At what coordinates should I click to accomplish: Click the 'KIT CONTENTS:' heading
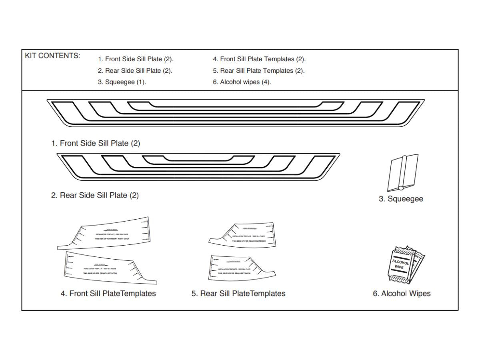[52, 56]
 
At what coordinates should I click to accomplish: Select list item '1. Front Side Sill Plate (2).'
[136, 59]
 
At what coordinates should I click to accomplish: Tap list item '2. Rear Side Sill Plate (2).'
[135, 71]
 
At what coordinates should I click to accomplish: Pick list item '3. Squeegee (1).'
[122, 82]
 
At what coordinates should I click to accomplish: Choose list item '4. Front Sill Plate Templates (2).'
[259, 59]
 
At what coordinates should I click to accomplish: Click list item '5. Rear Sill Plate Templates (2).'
[258, 71]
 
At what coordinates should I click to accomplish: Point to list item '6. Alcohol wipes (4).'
[242, 82]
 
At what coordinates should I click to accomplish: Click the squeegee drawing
[402, 173]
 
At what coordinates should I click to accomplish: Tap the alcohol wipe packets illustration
[405, 265]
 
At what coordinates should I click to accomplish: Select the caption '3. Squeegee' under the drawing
[401, 199]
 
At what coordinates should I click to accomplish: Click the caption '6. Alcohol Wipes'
[402, 294]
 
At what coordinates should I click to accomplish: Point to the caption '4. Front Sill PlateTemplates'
[108, 294]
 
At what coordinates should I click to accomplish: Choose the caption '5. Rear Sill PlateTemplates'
[238, 294]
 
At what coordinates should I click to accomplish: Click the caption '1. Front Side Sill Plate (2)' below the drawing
[96, 143]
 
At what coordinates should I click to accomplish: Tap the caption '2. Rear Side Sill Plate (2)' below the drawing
[95, 196]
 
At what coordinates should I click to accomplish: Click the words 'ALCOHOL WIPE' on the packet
[400, 264]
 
